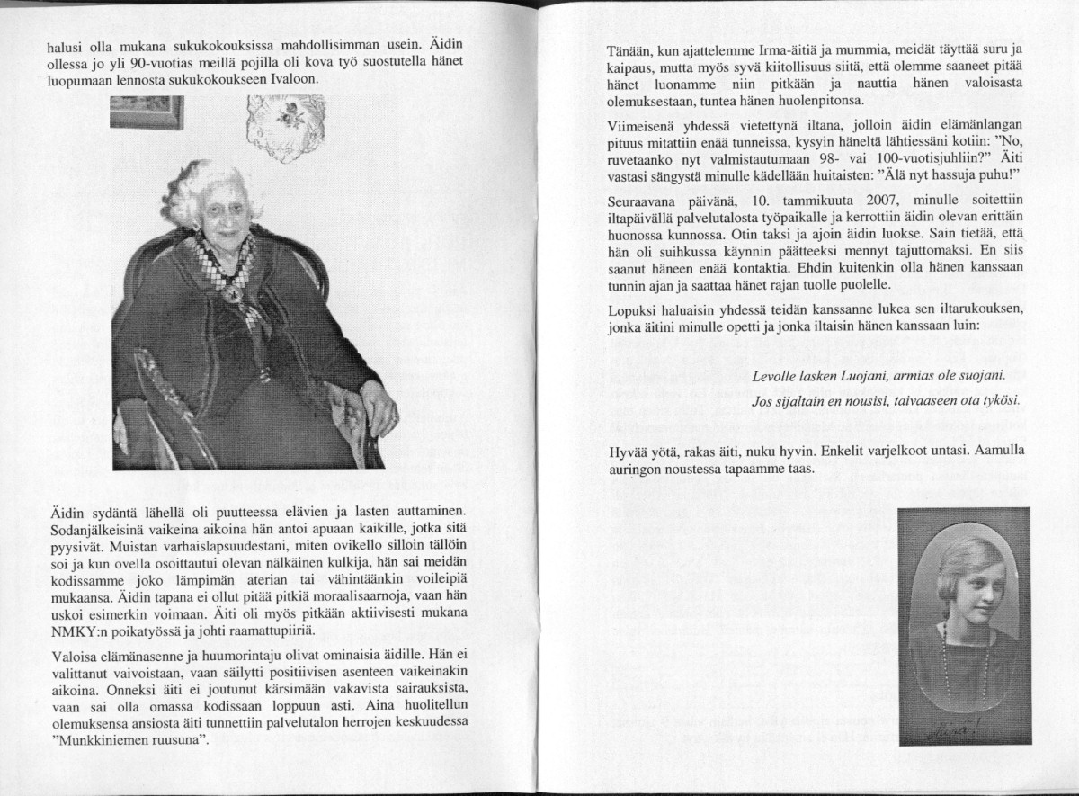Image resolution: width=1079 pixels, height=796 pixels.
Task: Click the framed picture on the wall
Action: (x=147, y=112)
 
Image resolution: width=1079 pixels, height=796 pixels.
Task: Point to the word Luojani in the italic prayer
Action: (x=856, y=378)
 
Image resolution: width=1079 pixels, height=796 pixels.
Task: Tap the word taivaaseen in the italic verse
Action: (x=924, y=400)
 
